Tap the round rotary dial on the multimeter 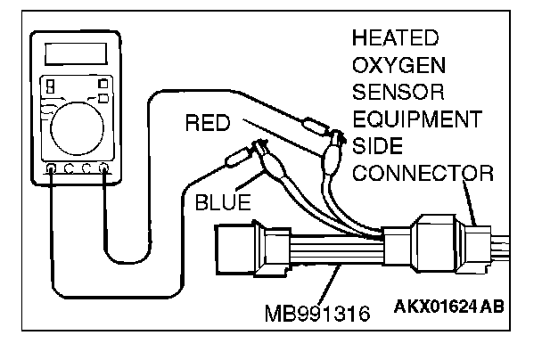point(75,128)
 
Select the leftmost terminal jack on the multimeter point(51,167)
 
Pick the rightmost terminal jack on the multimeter point(104,167)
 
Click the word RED point(208,122)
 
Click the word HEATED point(396,38)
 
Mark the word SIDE point(378,145)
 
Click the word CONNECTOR point(422,172)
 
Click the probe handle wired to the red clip point(315,123)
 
